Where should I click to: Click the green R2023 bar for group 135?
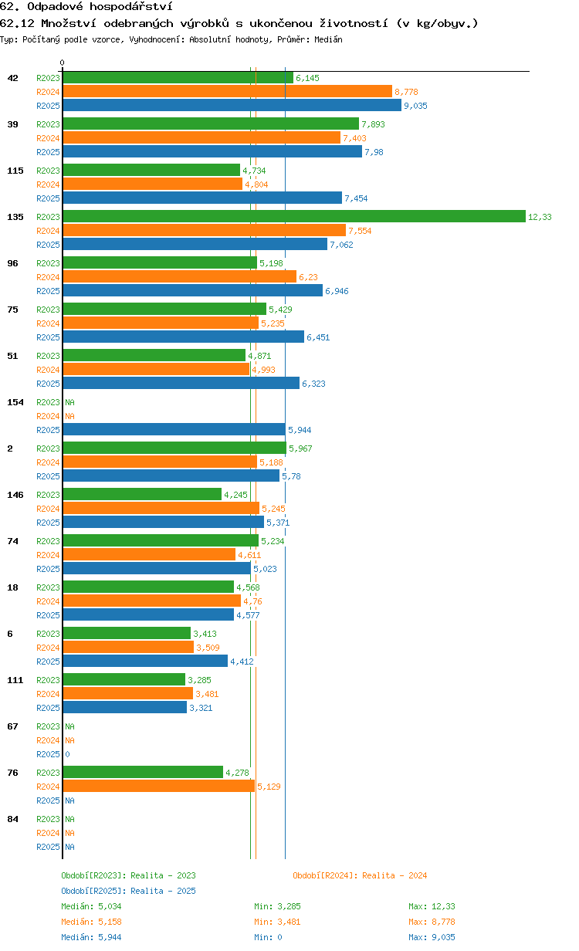(294, 216)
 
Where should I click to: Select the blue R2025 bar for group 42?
(232, 105)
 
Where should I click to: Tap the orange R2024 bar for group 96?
(180, 277)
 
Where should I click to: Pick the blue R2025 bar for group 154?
(174, 430)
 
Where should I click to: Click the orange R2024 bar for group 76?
(159, 787)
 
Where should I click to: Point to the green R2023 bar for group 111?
(124, 680)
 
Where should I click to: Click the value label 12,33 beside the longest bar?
(540, 217)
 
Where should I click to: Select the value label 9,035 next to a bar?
(415, 106)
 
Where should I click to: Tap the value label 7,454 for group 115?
(356, 198)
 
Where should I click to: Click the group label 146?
(15, 495)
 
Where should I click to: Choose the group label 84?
(12, 819)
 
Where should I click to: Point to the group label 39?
(12, 124)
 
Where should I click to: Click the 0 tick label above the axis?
(63, 63)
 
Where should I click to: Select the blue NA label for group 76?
(69, 800)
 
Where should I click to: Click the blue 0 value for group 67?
(67, 754)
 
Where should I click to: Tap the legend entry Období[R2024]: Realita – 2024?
(360, 875)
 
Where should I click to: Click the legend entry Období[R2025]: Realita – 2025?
(129, 891)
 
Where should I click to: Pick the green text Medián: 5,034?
(91, 906)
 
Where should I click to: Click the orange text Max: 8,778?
(432, 922)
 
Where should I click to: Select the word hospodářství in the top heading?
(130, 6)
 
